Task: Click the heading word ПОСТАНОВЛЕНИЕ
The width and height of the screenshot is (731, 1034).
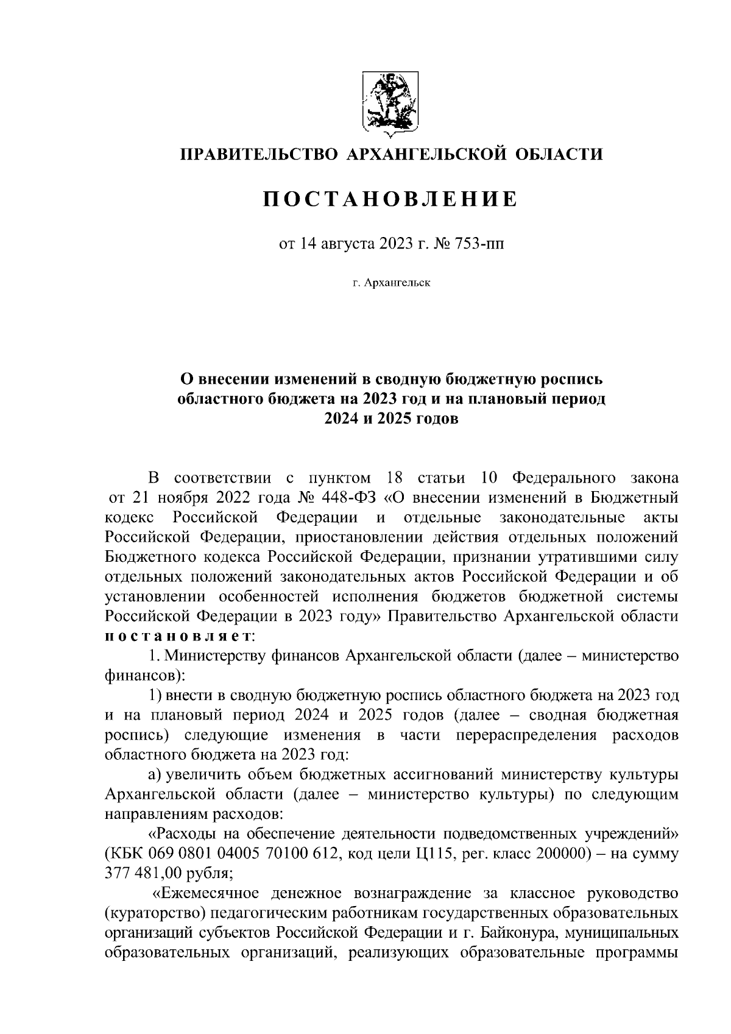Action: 390,199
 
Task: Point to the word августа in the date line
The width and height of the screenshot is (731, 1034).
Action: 349,245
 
